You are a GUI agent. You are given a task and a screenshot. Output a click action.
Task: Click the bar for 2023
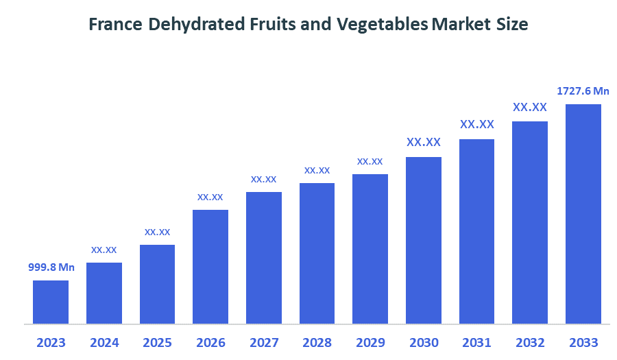[x=51, y=302]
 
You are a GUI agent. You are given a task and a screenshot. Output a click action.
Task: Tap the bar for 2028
[x=317, y=253]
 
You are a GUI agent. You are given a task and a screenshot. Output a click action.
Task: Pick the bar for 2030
[x=424, y=240]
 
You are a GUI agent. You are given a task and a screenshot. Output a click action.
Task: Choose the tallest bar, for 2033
[x=583, y=213]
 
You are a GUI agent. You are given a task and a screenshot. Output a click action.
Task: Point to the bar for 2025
[x=157, y=284]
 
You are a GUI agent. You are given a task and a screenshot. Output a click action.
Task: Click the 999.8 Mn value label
[x=51, y=267]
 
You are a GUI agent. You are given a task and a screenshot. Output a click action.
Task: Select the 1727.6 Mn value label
[x=583, y=91]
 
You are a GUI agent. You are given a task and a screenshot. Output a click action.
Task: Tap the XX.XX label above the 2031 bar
[x=476, y=125]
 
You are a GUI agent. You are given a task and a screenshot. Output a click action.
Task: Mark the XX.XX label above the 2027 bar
[x=264, y=179]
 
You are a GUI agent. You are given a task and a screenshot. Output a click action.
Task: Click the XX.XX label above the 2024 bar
[x=104, y=250]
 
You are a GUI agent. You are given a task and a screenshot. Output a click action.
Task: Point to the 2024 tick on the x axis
[x=104, y=342]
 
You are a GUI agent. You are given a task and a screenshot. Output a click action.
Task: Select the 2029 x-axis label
[x=370, y=342]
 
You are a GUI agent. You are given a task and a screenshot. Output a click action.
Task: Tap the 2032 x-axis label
[x=530, y=342]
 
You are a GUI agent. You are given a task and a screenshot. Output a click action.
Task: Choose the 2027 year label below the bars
[x=264, y=342]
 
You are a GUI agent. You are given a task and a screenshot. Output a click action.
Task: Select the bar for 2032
[x=530, y=222]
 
